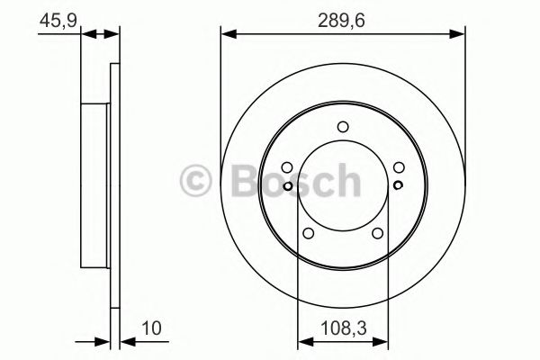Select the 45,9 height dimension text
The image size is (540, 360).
55,17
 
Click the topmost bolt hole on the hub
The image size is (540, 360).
342,127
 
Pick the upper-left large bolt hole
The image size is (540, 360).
286,166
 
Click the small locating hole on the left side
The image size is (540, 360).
286,186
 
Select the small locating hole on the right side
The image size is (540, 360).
397,186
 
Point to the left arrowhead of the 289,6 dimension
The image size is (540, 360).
228,34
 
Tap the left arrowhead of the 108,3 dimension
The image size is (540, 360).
302,340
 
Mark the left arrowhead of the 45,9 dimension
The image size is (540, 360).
87,34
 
